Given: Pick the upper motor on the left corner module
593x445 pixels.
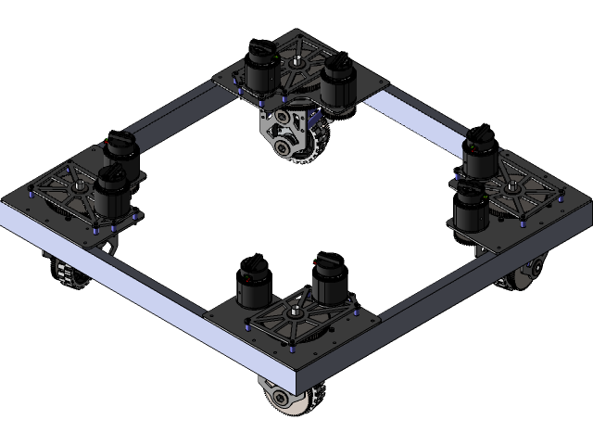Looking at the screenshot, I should (x=120, y=154).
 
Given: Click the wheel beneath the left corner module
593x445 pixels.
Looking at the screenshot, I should (x=65, y=273).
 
